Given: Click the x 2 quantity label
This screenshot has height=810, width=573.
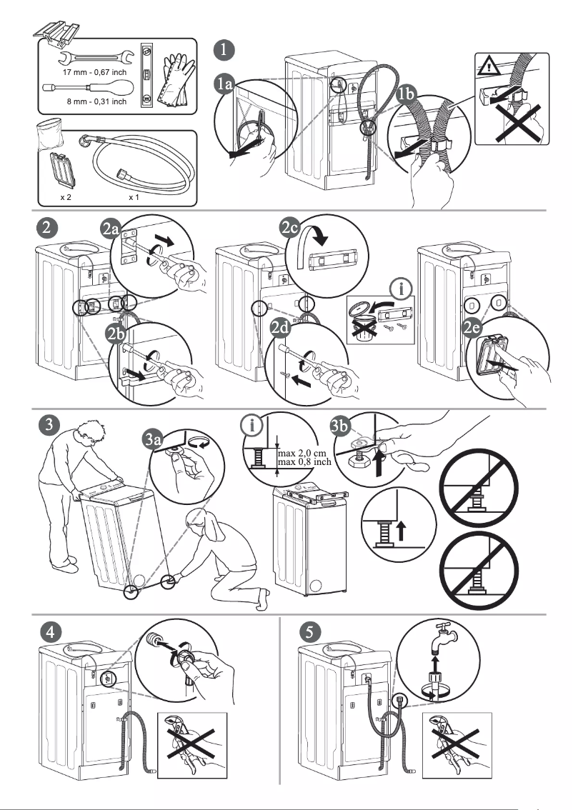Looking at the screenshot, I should point(65,196).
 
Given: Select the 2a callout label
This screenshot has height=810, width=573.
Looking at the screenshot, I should point(111,230).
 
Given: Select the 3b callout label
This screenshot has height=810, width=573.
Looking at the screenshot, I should point(341,427).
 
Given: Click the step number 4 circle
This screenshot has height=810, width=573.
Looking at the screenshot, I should point(49,631).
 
